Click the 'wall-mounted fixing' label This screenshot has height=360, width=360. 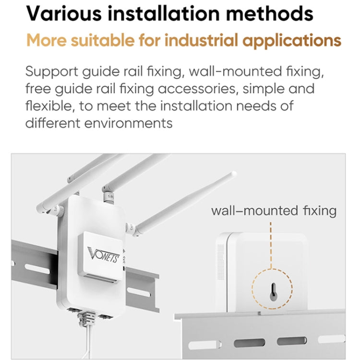274,210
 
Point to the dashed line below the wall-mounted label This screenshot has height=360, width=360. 272,245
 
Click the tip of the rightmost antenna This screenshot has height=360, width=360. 234,174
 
